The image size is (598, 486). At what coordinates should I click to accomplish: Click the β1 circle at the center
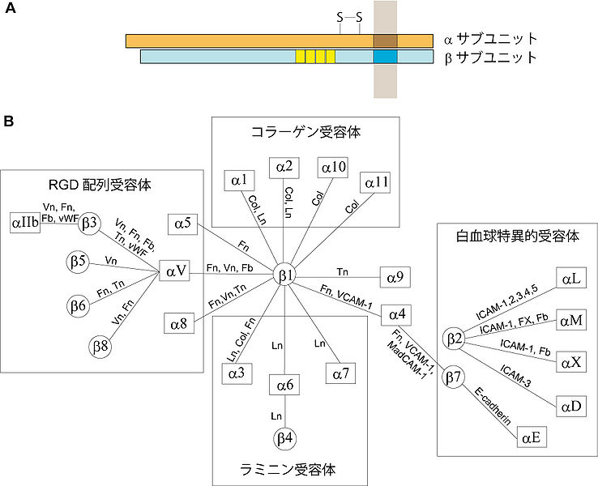click(284, 275)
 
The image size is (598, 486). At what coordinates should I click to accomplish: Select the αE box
click(531, 438)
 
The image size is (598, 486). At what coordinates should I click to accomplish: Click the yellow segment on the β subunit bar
click(315, 57)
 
